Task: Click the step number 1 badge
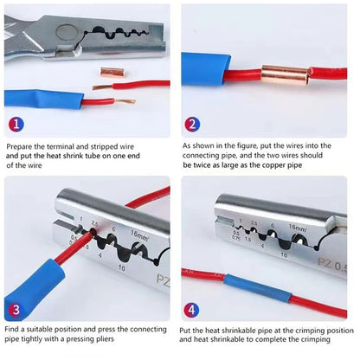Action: (16, 124)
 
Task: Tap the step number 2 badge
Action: (192, 125)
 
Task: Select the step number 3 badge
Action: (16, 310)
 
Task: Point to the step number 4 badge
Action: (191, 311)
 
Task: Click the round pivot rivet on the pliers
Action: (67, 33)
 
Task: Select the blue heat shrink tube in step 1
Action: (44, 99)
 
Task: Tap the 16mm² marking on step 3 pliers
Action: (140, 235)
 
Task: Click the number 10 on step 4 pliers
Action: (284, 255)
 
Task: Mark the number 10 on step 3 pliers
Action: (121, 268)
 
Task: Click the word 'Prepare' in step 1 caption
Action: (19, 146)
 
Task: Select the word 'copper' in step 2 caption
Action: (273, 165)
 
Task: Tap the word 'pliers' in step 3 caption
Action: (105, 338)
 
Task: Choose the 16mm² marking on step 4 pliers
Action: (298, 228)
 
